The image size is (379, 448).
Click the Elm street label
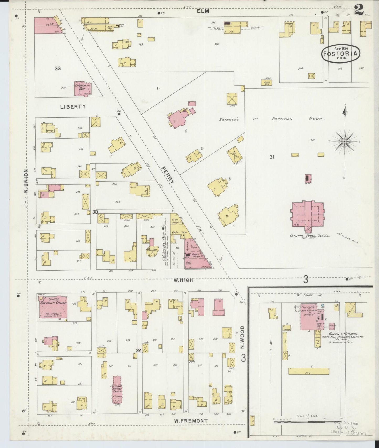coord(203,11)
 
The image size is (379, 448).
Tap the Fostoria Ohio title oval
coord(341,54)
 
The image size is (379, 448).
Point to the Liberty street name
coord(73,107)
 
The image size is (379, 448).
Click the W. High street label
coord(183,280)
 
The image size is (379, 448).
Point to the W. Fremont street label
coord(191,421)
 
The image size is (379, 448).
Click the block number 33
coord(58,68)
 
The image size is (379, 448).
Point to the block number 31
coord(272,157)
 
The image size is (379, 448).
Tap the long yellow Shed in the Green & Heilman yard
coord(309,371)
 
